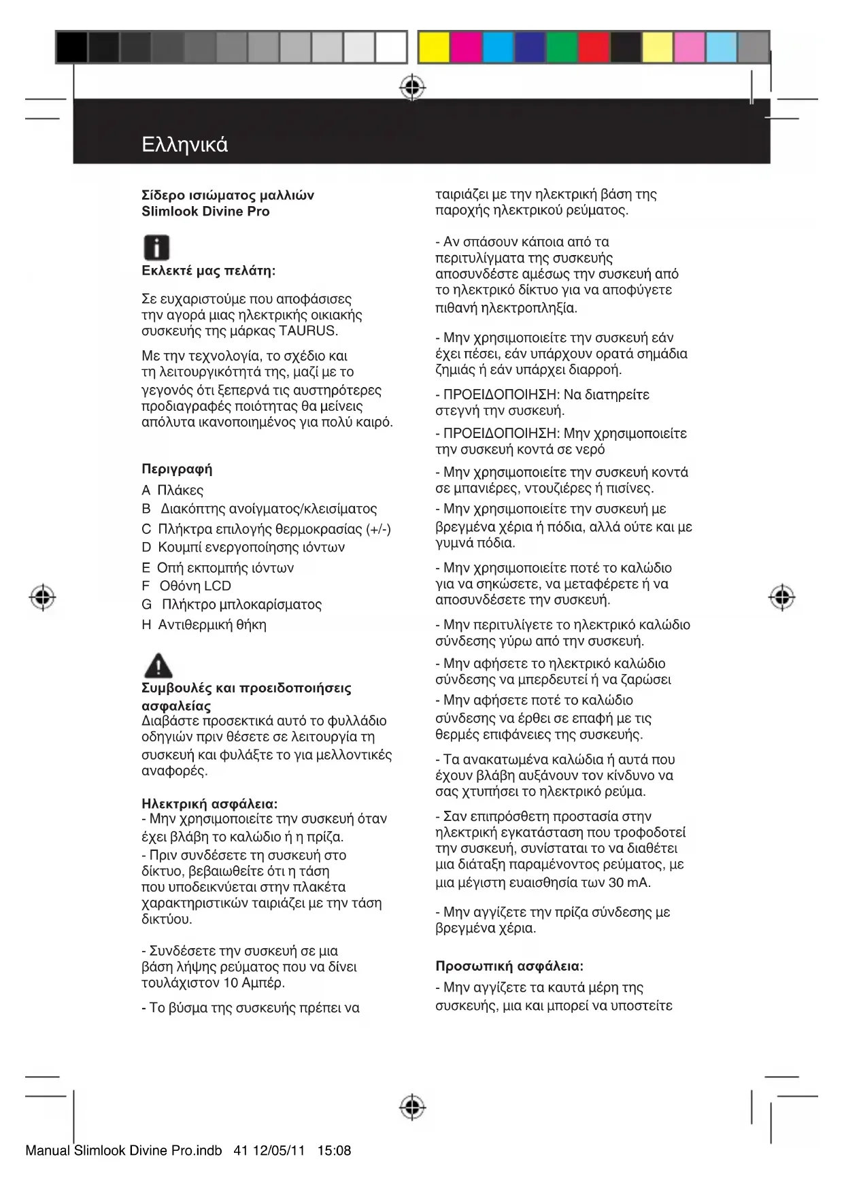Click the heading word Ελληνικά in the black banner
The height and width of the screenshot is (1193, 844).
[x=184, y=145]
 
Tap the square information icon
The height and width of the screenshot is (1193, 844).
[x=156, y=248]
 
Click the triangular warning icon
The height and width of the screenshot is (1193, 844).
[x=158, y=666]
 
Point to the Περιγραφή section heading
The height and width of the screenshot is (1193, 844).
[x=177, y=469]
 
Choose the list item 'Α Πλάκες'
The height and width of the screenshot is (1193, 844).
[x=173, y=490]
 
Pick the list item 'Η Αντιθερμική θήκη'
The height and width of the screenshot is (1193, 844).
[x=204, y=624]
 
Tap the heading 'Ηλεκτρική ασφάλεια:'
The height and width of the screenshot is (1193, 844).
[x=209, y=803]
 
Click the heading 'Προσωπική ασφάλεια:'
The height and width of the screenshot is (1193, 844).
[x=509, y=966]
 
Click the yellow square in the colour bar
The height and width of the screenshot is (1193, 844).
[x=434, y=48]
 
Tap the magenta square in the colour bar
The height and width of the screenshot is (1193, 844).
[x=466, y=48]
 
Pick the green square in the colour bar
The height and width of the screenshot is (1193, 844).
[x=562, y=48]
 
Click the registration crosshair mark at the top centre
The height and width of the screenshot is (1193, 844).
[x=412, y=88]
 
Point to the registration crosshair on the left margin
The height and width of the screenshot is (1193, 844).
[x=43, y=597]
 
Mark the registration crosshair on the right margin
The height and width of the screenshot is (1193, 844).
[x=782, y=597]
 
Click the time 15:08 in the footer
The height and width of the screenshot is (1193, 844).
[x=334, y=1151]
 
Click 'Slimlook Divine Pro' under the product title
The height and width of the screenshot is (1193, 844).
[x=205, y=212]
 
